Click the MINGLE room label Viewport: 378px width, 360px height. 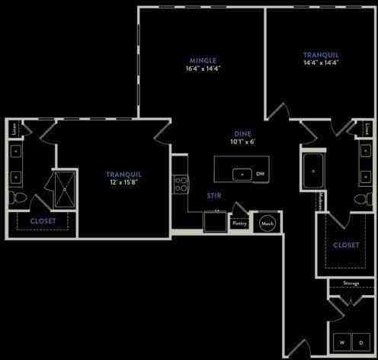[x=203, y=60]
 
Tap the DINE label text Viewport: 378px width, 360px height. [x=243, y=133]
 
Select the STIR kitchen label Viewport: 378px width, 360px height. [x=214, y=195]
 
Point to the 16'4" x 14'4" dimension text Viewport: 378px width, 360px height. [x=203, y=69]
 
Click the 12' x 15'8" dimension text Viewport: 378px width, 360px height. [x=124, y=183]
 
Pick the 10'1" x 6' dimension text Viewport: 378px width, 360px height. [x=243, y=141]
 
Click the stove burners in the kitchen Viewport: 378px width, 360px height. [x=181, y=183]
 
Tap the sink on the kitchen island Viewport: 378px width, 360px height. [x=242, y=173]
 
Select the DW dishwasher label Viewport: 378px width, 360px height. [x=261, y=174]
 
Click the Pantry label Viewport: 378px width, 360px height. [x=239, y=223]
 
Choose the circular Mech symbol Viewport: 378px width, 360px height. [x=267, y=223]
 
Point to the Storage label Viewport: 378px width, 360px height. [x=351, y=283]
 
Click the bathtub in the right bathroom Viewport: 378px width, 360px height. [x=313, y=172]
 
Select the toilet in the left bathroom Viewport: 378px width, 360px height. [x=18, y=199]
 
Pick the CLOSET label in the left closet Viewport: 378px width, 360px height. [x=43, y=220]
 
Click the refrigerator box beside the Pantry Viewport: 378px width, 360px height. [x=214, y=221]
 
